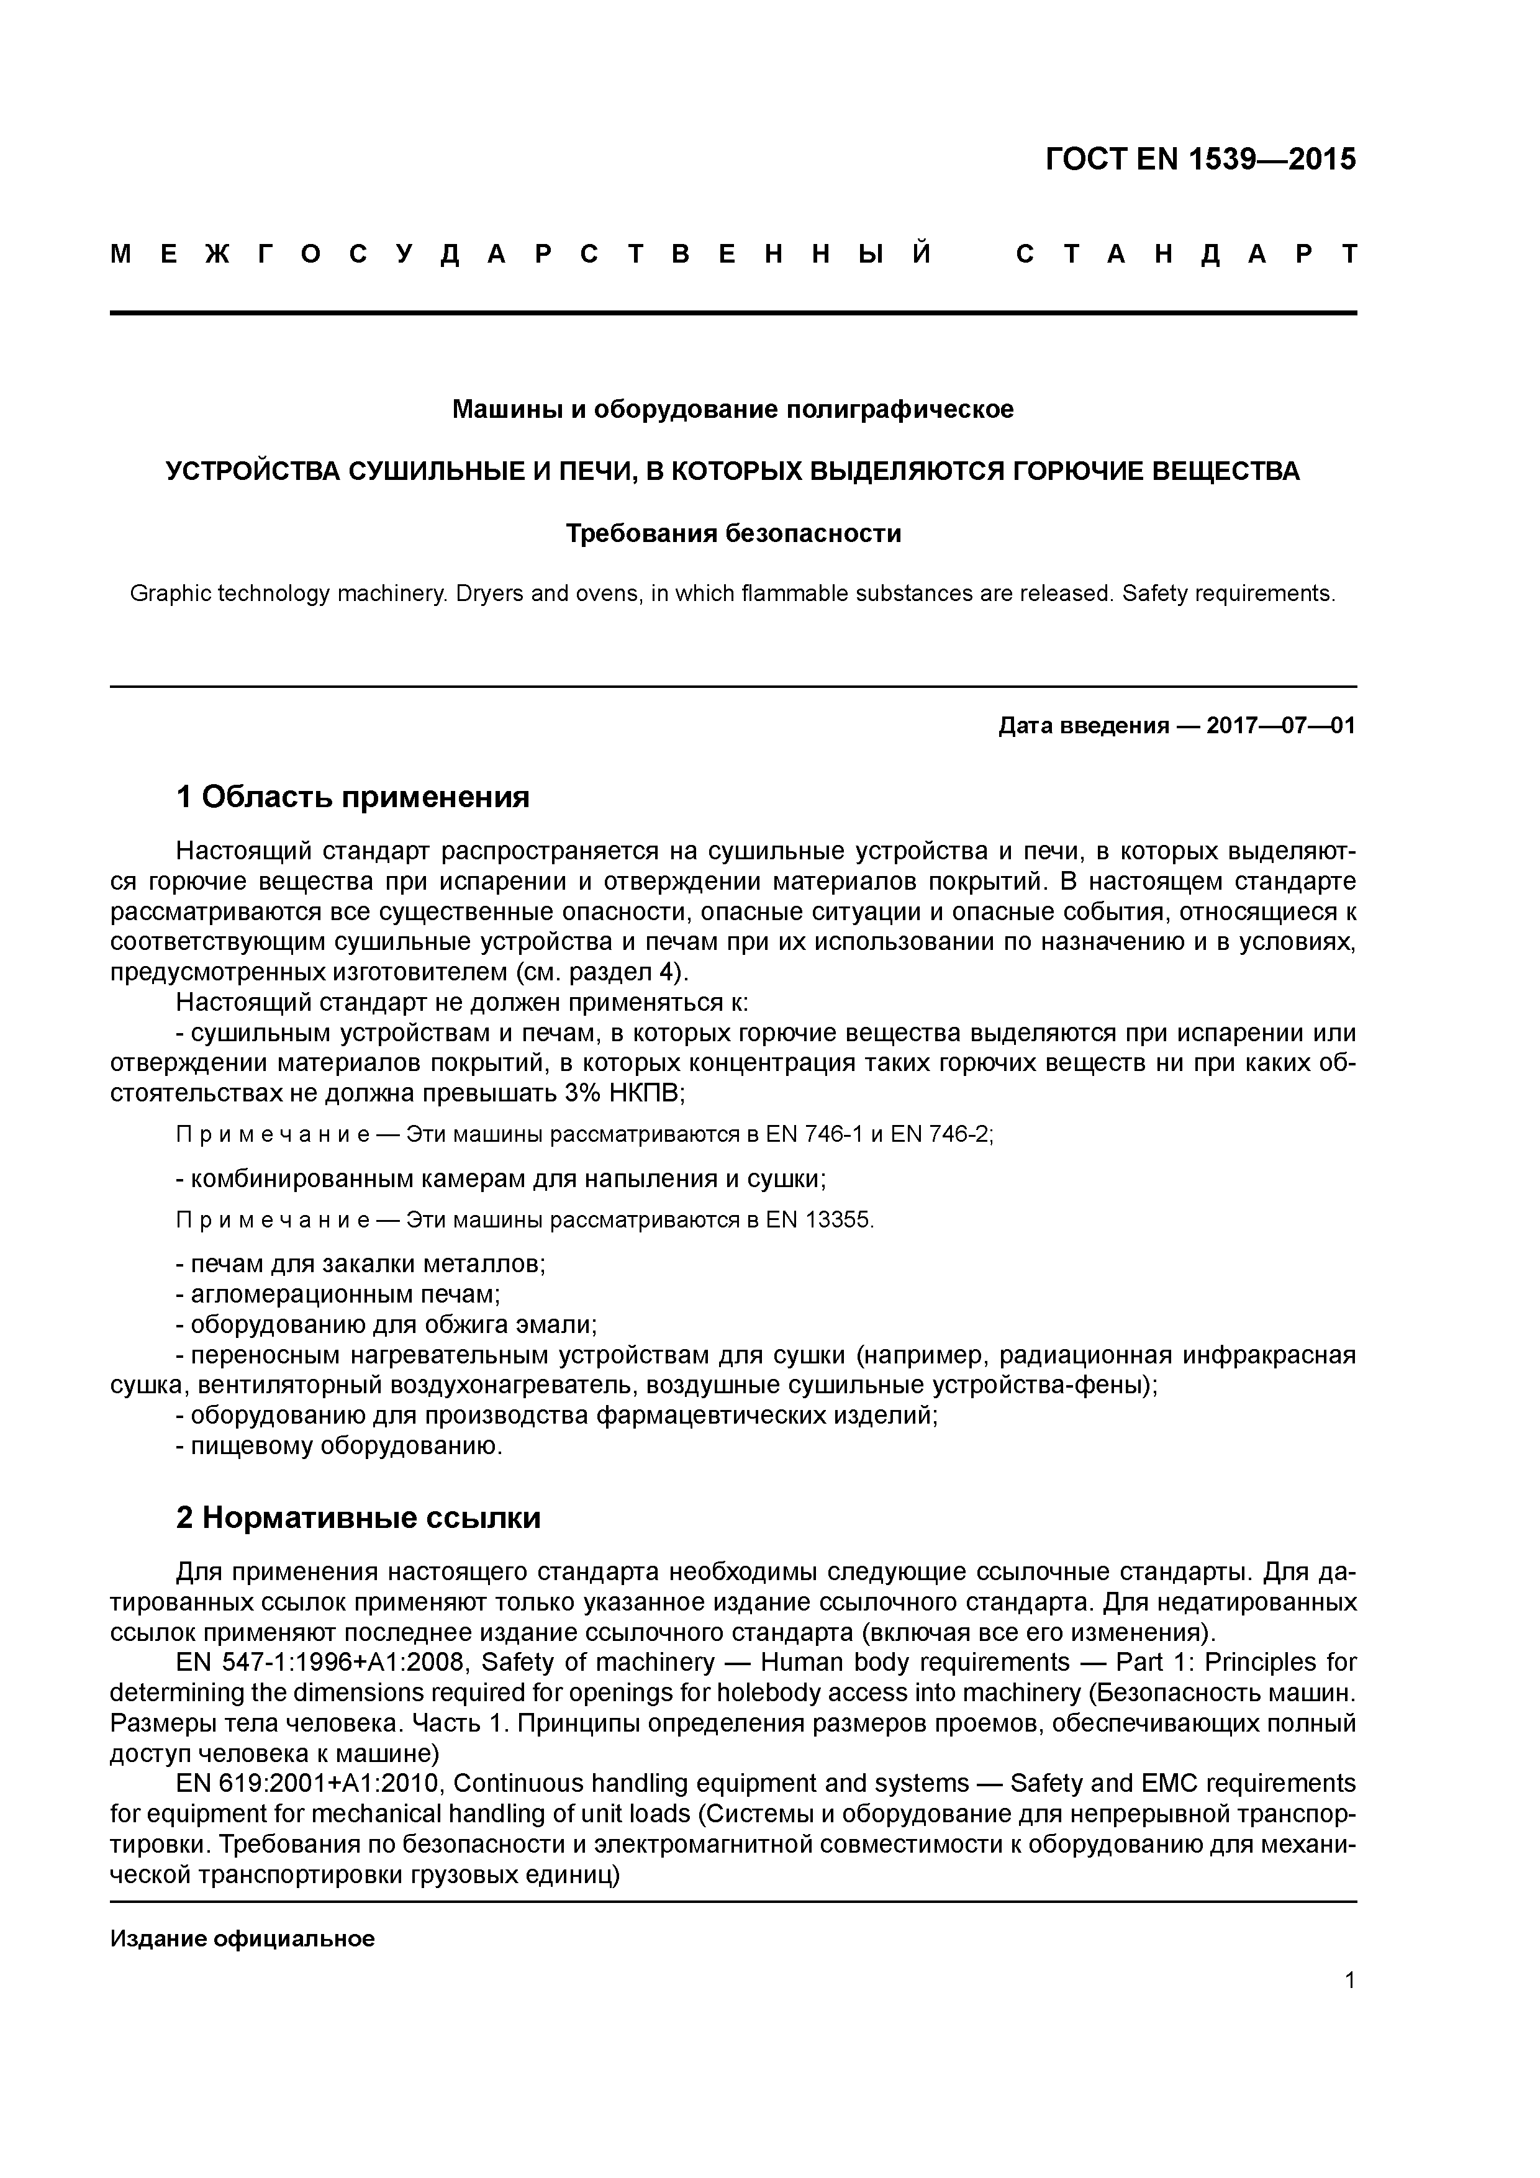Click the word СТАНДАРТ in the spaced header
click(1186, 254)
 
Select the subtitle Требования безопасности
click(733, 534)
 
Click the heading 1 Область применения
click(352, 797)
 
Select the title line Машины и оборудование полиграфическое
click(733, 410)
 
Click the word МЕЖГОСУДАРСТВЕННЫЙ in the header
click(522, 254)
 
